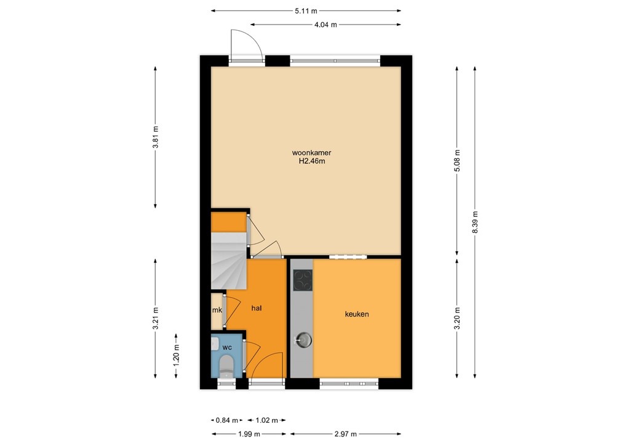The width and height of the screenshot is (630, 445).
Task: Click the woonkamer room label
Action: (307, 152)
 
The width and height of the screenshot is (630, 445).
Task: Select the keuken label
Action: (356, 314)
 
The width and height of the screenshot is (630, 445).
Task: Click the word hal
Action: (257, 309)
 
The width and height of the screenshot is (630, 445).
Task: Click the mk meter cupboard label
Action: (217, 310)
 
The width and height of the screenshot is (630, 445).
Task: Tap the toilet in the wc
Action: (226, 364)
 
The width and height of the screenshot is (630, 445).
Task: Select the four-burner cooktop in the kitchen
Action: (301, 281)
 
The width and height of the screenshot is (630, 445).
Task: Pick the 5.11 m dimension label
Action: (306, 10)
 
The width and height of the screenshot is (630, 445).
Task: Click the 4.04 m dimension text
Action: (325, 25)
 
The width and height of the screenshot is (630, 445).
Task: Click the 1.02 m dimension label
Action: (266, 420)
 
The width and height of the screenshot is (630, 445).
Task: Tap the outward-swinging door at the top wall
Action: (246, 46)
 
